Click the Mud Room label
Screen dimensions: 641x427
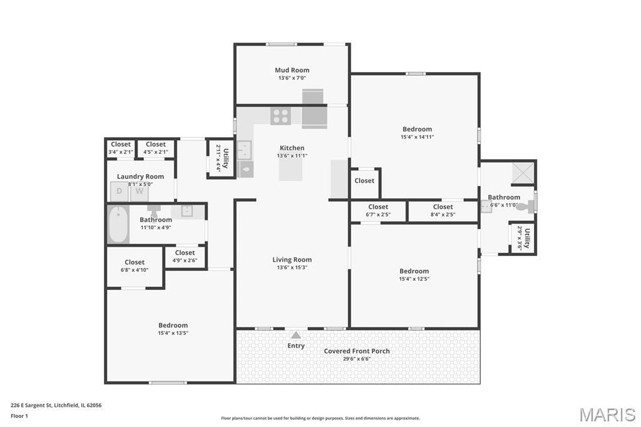(x=292, y=70)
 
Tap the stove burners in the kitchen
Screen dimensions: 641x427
(x=281, y=116)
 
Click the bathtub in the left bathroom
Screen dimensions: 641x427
(x=118, y=224)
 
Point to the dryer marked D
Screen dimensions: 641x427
(x=120, y=192)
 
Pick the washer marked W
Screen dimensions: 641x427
(x=140, y=192)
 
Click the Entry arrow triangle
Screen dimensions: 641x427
(x=296, y=335)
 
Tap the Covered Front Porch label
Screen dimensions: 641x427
(x=357, y=351)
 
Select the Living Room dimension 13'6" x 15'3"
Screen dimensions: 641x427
(x=292, y=267)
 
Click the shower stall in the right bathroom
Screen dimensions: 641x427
(x=523, y=172)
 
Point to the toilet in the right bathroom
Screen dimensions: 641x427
(x=526, y=207)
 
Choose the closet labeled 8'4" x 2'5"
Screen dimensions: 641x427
(x=443, y=211)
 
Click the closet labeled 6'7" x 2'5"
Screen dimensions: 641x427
(x=378, y=211)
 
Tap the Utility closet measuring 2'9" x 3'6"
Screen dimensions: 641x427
(x=523, y=238)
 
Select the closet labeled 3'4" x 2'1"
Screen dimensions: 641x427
(x=121, y=148)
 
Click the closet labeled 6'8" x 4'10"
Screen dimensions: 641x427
(x=135, y=266)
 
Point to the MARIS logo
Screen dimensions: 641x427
(x=607, y=414)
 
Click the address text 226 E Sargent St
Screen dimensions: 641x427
(x=31, y=405)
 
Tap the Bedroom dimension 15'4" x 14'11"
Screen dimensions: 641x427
(x=417, y=137)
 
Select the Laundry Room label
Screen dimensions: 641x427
(x=140, y=177)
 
